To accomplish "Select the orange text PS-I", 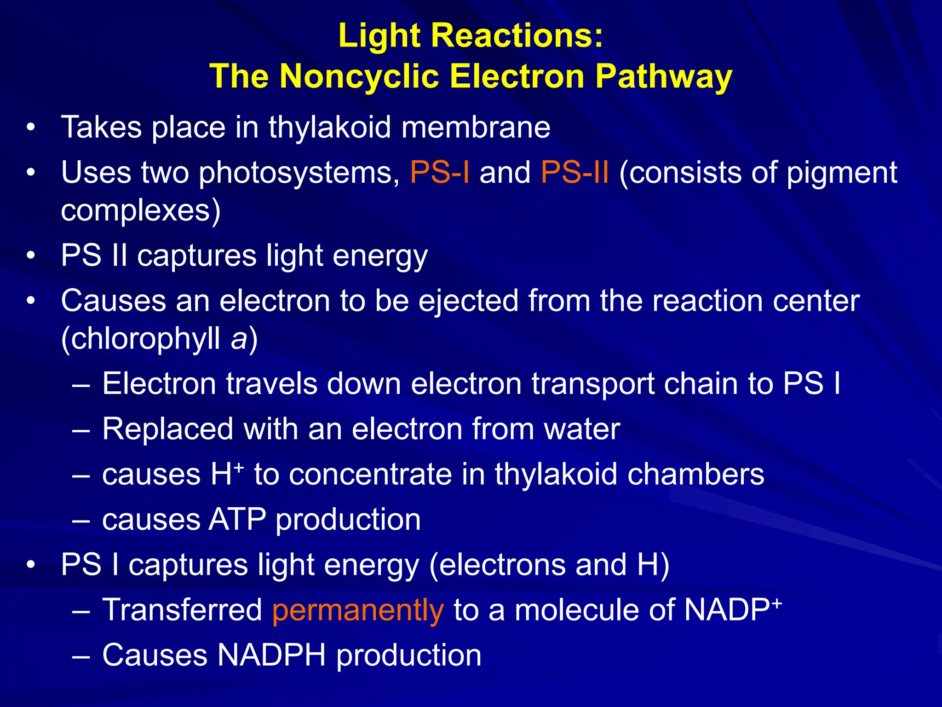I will pyautogui.click(x=439, y=173).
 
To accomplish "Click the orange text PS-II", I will pyautogui.click(x=574, y=173).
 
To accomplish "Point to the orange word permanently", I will pyautogui.click(x=358, y=610).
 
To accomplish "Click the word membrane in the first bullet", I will pyautogui.click(x=476, y=127).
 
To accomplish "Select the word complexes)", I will pyautogui.click(x=141, y=211).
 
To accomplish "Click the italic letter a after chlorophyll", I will pyautogui.click(x=239, y=339).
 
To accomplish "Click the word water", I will pyautogui.click(x=582, y=429).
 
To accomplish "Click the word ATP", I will pyautogui.click(x=237, y=519).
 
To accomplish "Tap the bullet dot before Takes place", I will pyautogui.click(x=31, y=127).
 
